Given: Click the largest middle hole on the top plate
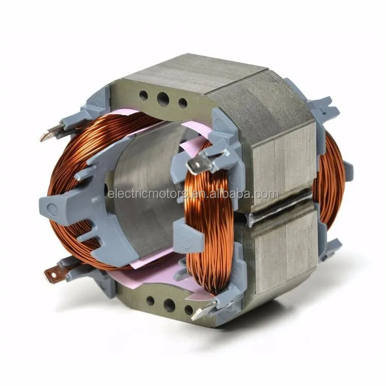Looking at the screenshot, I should pos(163,97).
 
